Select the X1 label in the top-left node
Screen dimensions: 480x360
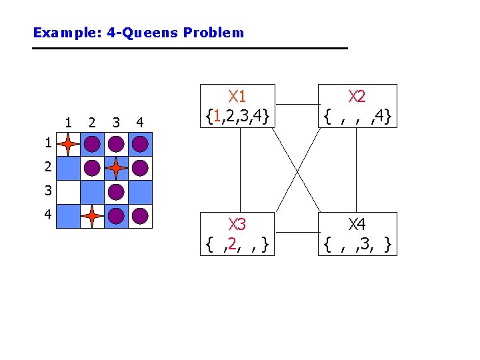coord(237,97)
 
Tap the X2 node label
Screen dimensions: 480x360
coord(357,97)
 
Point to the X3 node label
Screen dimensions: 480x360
coord(237,225)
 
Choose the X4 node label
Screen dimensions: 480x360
coord(357,225)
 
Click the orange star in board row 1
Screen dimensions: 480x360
coord(69,144)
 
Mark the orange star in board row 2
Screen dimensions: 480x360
coord(116,168)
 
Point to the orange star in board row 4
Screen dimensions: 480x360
coord(92,215)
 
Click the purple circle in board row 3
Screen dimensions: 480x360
coord(116,192)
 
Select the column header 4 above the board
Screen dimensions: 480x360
coord(139,123)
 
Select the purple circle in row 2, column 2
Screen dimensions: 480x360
coord(92,168)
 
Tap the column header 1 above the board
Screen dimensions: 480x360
coord(69,123)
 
